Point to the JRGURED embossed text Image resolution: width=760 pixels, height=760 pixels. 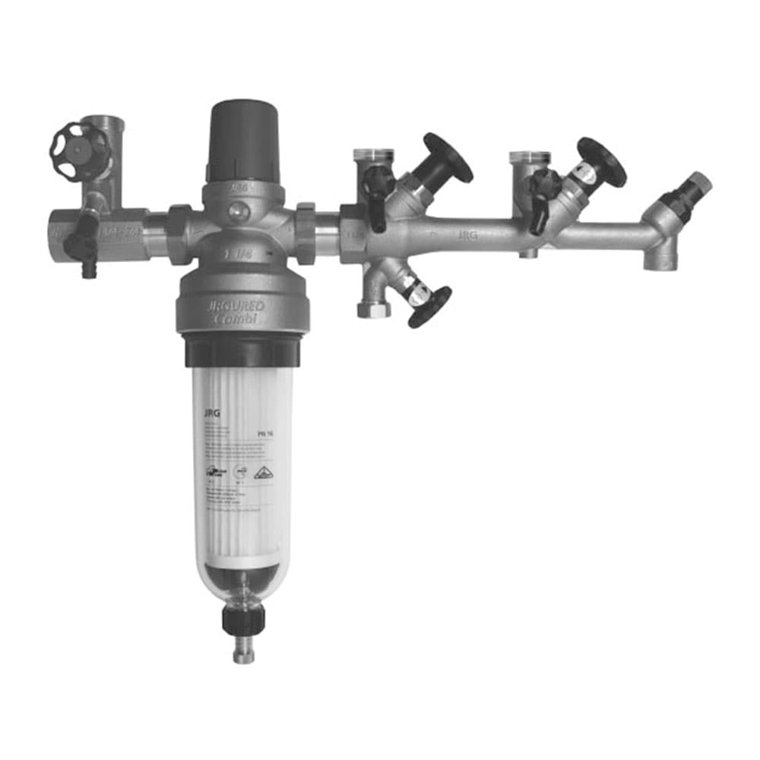(235, 306)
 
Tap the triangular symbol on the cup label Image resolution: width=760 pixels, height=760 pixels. (263, 473)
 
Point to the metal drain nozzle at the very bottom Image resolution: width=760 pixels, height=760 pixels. (243, 653)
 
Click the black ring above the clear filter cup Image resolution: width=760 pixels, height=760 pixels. (242, 352)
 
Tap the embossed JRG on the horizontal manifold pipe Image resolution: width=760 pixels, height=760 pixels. (467, 236)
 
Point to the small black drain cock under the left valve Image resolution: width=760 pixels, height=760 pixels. (82, 245)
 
